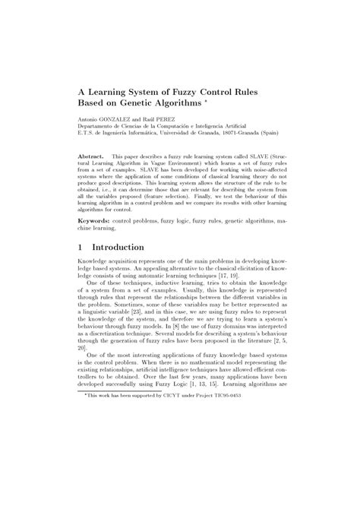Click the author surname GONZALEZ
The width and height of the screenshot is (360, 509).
click(x=115, y=119)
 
